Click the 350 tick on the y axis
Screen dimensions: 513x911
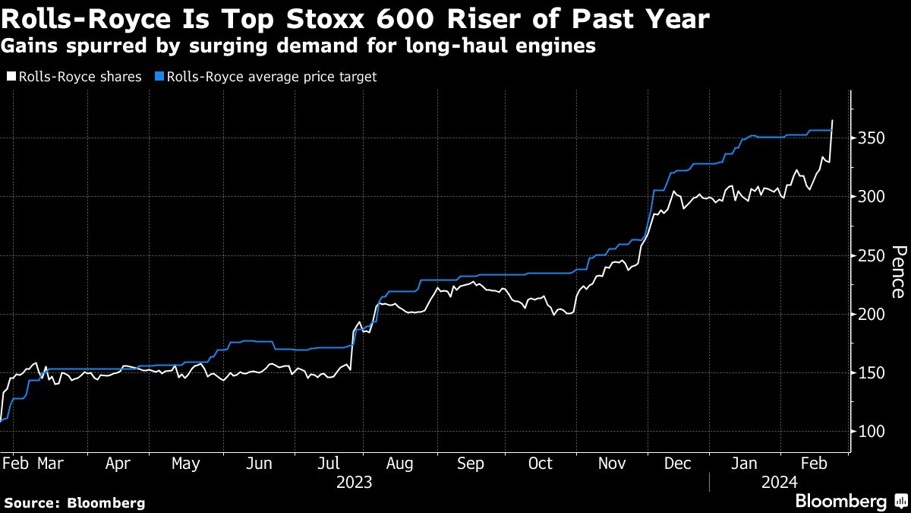(871, 138)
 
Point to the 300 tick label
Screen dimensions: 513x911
(871, 197)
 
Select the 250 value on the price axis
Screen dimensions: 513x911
(871, 255)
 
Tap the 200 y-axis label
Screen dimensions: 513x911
(871, 314)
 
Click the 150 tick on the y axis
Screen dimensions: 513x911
(871, 372)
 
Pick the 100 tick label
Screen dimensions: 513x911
(871, 431)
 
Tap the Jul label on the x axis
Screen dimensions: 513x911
(329, 463)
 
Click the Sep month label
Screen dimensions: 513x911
(471, 463)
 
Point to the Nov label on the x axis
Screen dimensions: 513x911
(612, 463)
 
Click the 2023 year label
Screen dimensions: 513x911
(354, 482)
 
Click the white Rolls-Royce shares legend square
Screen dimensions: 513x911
(11, 77)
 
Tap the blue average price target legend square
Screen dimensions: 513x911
(158, 77)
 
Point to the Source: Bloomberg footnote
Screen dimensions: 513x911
(74, 502)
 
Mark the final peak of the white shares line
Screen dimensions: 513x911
(833, 120)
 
